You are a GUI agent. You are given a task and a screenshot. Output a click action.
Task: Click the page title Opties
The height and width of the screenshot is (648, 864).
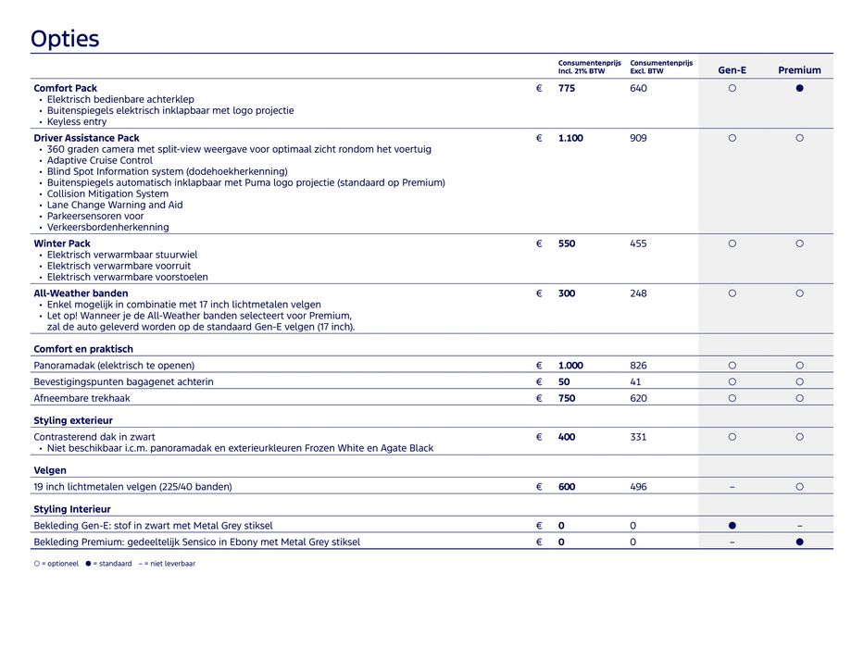tap(65, 39)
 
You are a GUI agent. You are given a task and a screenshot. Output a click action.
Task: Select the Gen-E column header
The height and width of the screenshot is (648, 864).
tap(732, 70)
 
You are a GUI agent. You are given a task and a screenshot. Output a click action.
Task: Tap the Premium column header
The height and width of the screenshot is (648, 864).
tap(799, 70)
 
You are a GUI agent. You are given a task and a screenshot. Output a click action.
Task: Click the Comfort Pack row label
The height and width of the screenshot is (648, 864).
tap(66, 89)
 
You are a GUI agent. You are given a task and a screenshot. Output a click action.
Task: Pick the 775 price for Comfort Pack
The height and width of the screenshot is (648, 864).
tap(567, 89)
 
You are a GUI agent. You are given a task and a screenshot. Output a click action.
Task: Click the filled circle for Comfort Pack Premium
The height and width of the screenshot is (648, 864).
tap(799, 89)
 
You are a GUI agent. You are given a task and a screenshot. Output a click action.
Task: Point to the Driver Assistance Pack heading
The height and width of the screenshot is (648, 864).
tap(87, 139)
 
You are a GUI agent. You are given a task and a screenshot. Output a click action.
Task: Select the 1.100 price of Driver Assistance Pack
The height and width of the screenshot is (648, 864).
tap(570, 139)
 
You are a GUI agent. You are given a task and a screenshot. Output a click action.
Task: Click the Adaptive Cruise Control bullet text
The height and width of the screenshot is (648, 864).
tap(100, 161)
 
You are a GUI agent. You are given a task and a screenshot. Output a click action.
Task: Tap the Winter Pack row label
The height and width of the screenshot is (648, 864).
tap(62, 244)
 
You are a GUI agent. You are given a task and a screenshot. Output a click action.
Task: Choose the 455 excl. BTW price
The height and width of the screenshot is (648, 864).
tap(639, 244)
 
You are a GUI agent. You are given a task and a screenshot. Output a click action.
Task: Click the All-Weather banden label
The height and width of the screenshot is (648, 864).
tap(81, 294)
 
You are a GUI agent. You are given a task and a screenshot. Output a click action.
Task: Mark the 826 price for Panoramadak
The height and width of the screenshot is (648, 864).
tap(639, 366)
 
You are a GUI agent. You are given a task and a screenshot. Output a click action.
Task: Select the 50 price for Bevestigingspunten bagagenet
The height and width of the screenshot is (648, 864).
tap(564, 382)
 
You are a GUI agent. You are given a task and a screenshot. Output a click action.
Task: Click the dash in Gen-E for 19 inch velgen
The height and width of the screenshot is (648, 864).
tap(732, 487)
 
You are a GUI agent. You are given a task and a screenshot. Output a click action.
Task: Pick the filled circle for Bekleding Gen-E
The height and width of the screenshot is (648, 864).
tap(732, 526)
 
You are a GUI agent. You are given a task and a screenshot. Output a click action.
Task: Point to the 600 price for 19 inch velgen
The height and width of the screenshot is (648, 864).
tap(567, 487)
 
